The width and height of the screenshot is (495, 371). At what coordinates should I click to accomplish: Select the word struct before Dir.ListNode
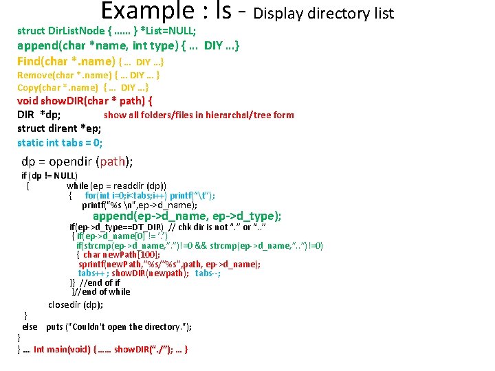tap(32, 31)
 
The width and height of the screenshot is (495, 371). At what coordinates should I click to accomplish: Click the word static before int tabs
tap(30, 143)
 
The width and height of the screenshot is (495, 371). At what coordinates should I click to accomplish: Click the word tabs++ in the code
tap(91, 273)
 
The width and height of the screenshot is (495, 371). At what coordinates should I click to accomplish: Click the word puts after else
tap(54, 326)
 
